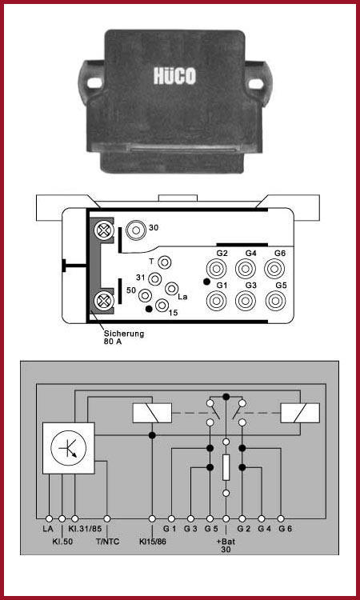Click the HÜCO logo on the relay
point(174,76)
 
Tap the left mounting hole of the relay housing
point(94,82)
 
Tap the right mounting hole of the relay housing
point(255,83)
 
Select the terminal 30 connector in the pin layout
point(136,230)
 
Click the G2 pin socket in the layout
point(216,269)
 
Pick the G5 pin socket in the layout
point(275,301)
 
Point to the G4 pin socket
point(246,269)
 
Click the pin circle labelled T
point(165,262)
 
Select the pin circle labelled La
point(171,288)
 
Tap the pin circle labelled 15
point(162,305)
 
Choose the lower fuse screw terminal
point(103,300)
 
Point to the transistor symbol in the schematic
point(69,448)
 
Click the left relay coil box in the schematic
point(152,413)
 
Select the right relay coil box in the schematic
point(300,413)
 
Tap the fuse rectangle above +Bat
point(226,467)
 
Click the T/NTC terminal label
point(106,542)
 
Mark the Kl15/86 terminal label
point(152,542)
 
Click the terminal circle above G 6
point(281,518)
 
